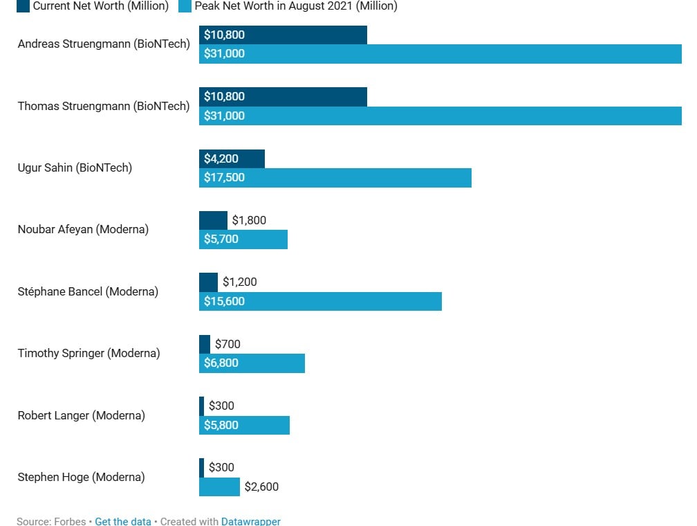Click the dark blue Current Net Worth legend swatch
pos(23,6)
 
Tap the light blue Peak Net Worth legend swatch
pos(185,6)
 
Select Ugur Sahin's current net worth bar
pos(232,158)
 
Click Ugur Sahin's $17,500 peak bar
pos(335,178)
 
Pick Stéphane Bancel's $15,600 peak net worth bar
pos(320,301)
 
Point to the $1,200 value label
pos(239,282)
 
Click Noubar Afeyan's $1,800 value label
pos(249,221)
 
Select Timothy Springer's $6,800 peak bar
pos(252,363)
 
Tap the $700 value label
pos(227,344)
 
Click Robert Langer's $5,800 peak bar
pos(244,425)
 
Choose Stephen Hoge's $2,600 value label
pos(261,487)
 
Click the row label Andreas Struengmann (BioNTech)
pos(104,44)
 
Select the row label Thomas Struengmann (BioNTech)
pos(104,106)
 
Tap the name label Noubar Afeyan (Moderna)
pos(83,229)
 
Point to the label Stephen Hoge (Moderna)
pos(81,477)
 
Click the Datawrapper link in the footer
pos(250,521)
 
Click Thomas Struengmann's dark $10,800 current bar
pos(283,97)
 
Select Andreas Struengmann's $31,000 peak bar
pos(440,54)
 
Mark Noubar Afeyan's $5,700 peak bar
pos(243,239)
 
